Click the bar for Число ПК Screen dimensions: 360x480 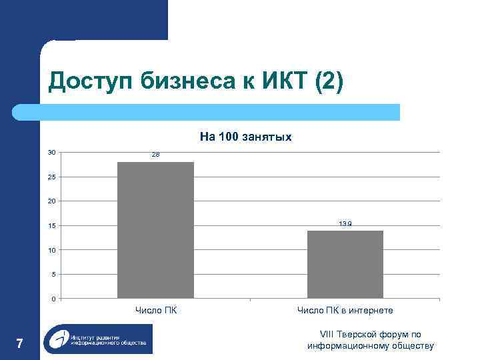(x=155, y=230)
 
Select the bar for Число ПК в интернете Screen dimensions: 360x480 (x=345, y=264)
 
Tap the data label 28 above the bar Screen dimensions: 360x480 (x=155, y=155)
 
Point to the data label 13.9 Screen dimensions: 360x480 (x=345, y=224)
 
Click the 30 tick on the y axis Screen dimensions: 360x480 (x=52, y=153)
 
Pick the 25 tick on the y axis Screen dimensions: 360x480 (x=52, y=177)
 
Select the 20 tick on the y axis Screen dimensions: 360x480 (x=52, y=201)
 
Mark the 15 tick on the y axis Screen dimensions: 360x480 (x=52, y=226)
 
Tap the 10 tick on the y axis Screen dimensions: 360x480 (x=52, y=250)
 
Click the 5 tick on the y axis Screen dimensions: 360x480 (x=53, y=274)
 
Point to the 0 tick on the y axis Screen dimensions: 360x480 (x=53, y=299)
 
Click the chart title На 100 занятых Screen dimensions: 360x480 (x=245, y=137)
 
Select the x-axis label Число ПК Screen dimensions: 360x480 (x=155, y=310)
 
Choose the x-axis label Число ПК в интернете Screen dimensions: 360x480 (x=345, y=310)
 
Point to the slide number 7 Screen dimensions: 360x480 (x=19, y=344)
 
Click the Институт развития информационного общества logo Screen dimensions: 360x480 (x=98, y=339)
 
